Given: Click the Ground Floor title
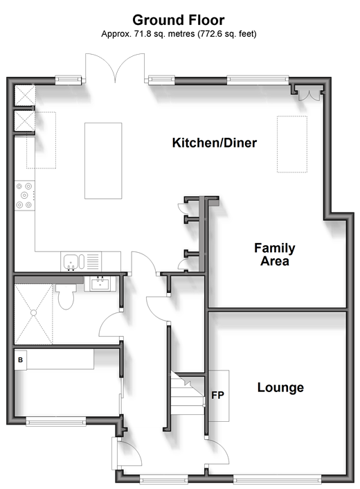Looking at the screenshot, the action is tap(179, 20).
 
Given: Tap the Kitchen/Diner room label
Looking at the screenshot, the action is tap(215, 143).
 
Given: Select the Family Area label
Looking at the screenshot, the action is tap(275, 254).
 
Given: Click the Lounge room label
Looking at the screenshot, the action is tap(280, 387).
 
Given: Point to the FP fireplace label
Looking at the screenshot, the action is tap(217, 395).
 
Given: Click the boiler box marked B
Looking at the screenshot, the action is tap(21, 360).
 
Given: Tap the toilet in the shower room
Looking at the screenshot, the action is tap(66, 296).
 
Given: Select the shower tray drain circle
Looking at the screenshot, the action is tap(33, 312).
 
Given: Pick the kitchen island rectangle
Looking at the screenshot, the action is tap(103, 161).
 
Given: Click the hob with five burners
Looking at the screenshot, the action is tap(25, 195).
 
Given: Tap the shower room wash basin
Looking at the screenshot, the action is tap(100, 284).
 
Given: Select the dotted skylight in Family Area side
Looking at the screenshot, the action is tap(292, 144).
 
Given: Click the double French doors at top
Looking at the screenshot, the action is tap(115, 68).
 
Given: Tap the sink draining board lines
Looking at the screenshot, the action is tap(93, 261).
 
